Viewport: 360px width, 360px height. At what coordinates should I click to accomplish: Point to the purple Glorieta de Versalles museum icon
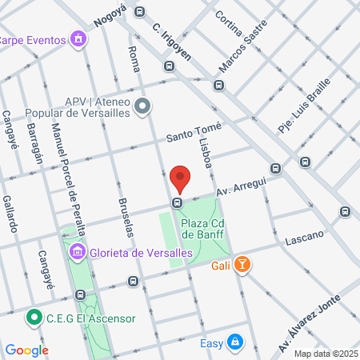pos(78,252)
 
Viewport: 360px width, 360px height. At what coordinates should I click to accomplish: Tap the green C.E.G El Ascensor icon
pos(34,318)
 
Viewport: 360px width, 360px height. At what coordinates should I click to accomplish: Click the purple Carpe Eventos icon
pos(78,38)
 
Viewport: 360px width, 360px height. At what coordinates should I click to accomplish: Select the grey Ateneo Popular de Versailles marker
pos(142,106)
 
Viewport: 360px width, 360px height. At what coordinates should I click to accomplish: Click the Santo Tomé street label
pos(194,133)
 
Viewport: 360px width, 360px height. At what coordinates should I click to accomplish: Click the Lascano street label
pos(304,236)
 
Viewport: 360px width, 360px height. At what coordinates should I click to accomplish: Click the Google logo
pos(26,350)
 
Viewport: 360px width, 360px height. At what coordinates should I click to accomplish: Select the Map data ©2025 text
pos(325,354)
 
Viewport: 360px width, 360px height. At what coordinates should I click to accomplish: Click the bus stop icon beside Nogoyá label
pos(139,12)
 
